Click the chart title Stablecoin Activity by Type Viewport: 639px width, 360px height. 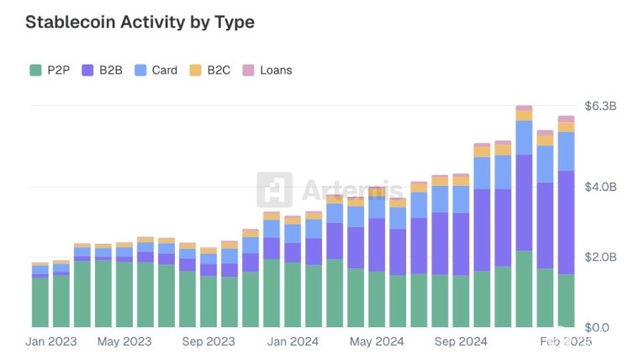pyautogui.click(x=140, y=23)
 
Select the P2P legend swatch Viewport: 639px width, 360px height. pyautogui.click(x=34, y=71)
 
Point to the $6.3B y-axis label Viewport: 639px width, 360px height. pyautogui.click(x=601, y=106)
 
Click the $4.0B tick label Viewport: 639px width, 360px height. pyautogui.click(x=601, y=186)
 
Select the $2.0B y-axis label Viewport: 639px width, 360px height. pyautogui.click(x=601, y=257)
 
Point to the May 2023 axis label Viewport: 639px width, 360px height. pyautogui.click(x=124, y=341)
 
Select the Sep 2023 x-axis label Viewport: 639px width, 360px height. pyautogui.click(x=209, y=341)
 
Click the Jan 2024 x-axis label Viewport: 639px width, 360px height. pyautogui.click(x=293, y=341)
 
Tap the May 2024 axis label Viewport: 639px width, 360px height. pyautogui.click(x=377, y=341)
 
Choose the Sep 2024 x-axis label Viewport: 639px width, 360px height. pyautogui.click(x=461, y=341)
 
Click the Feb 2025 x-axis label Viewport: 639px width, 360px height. pyautogui.click(x=565, y=341)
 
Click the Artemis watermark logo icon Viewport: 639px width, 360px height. pyautogui.click(x=274, y=190)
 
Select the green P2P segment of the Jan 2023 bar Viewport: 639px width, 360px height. pyautogui.click(x=40, y=302)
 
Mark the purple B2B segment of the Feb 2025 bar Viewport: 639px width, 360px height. pyautogui.click(x=565, y=223)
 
